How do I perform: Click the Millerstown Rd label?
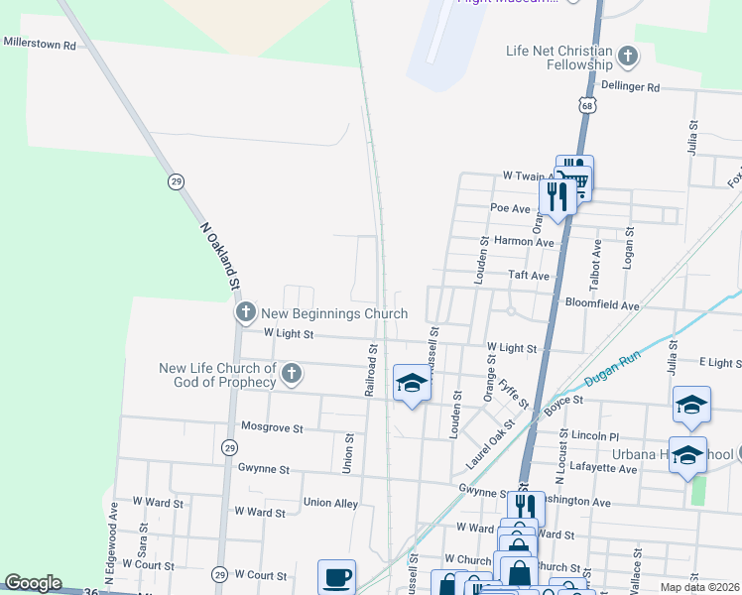click(x=40, y=45)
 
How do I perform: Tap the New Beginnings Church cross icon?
click(x=245, y=313)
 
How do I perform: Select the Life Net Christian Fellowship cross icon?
click(x=628, y=57)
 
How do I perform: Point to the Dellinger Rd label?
click(x=630, y=87)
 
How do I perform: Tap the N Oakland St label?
click(x=221, y=255)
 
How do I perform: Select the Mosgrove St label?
click(x=272, y=428)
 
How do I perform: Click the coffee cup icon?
click(x=336, y=577)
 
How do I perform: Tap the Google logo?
click(x=32, y=583)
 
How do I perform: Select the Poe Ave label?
click(x=511, y=208)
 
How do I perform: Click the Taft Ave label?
click(x=528, y=276)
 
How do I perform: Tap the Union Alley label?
click(x=330, y=504)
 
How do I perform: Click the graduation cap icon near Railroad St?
click(x=412, y=383)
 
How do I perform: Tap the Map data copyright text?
click(x=699, y=587)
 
